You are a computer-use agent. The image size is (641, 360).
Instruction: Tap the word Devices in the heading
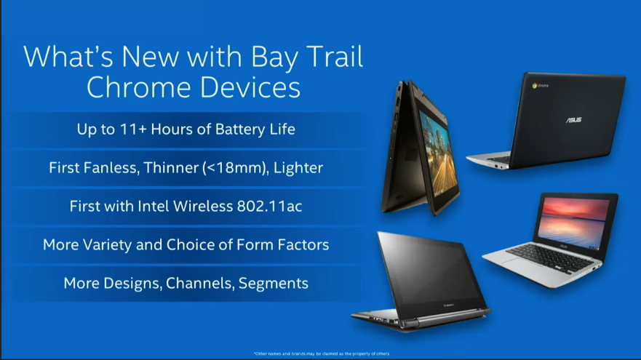(x=250, y=87)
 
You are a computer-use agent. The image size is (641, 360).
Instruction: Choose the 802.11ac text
(x=269, y=206)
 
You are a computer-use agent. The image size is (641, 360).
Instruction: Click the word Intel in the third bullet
(x=154, y=206)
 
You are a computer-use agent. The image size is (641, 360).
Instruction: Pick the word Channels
(x=200, y=283)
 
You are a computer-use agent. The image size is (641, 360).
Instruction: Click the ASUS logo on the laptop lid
(x=573, y=120)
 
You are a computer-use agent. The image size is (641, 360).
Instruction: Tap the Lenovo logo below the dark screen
(x=448, y=305)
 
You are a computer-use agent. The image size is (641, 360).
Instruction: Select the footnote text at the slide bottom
(x=322, y=354)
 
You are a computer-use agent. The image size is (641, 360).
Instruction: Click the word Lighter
(x=298, y=167)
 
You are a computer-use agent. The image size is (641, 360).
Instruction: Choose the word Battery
(x=240, y=129)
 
